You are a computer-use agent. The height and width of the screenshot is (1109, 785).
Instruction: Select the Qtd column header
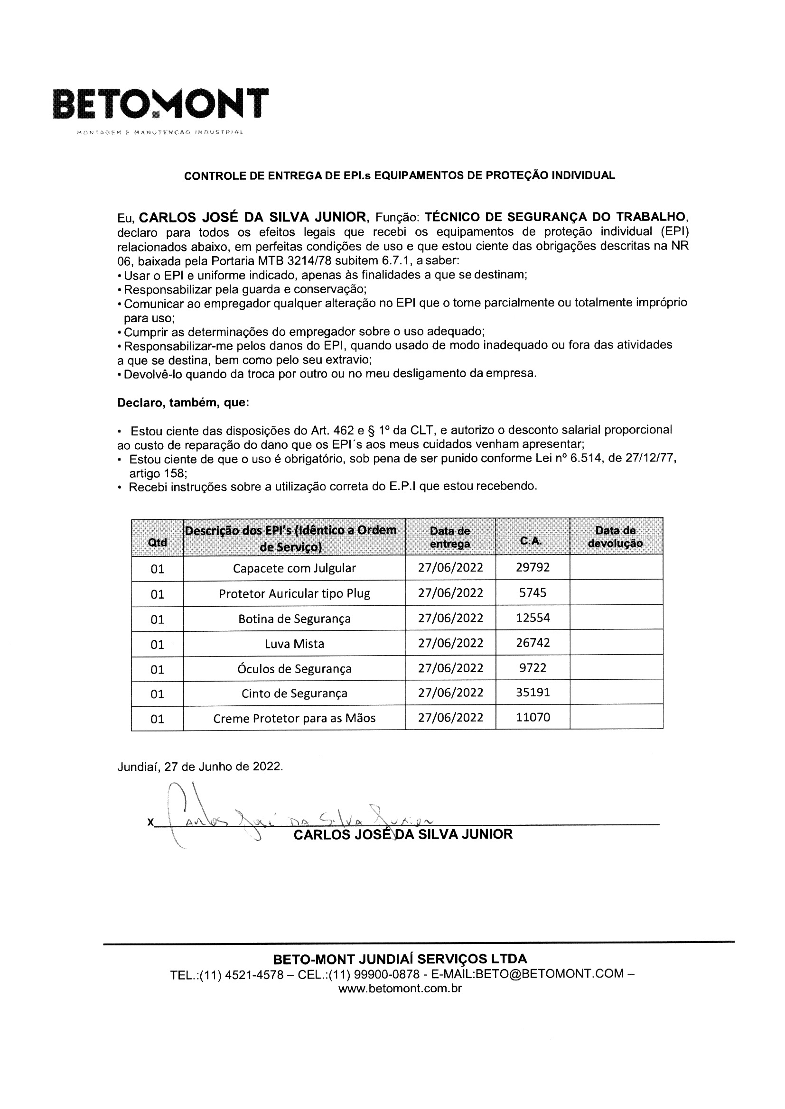tap(158, 542)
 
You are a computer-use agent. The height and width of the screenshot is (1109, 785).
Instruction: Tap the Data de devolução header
tap(616, 536)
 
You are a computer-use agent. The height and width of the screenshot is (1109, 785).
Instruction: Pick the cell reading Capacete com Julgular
tap(294, 568)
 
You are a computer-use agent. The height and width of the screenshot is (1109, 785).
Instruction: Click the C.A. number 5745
tap(533, 592)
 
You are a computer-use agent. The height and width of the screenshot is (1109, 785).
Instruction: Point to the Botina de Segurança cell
tap(294, 619)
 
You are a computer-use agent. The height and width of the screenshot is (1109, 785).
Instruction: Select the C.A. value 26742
tap(533, 643)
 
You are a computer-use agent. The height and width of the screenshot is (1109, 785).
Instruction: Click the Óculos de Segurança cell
tap(294, 668)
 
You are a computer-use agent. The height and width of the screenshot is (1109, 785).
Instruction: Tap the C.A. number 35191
tap(533, 693)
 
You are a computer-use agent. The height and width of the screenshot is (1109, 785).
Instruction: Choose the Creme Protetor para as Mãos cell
tap(294, 718)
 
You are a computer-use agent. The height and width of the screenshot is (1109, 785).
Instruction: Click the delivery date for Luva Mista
tap(450, 643)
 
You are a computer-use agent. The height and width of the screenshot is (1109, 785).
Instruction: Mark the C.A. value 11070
tap(533, 717)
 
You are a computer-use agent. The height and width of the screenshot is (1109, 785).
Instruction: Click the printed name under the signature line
tap(402, 835)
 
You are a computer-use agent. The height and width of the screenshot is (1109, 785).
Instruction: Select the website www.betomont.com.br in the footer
tap(400, 988)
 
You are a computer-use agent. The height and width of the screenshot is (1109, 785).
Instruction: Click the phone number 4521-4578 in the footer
tap(254, 974)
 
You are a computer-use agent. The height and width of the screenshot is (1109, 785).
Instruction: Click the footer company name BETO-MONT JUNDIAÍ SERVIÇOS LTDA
tap(400, 959)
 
